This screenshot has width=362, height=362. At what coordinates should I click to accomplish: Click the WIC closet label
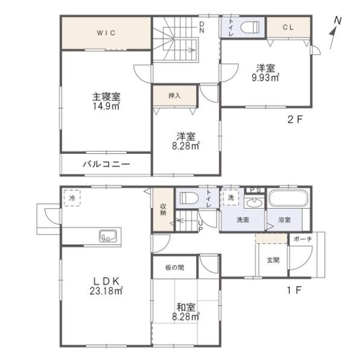(106, 33)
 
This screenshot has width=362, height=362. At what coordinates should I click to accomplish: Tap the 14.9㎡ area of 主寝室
(106, 106)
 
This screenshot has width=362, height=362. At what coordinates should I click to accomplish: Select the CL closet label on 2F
(288, 28)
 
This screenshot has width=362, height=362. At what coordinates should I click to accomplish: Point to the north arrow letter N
(338, 21)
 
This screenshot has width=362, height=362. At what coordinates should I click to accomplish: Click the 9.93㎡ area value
(265, 78)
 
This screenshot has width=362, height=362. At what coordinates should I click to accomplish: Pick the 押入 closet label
(174, 95)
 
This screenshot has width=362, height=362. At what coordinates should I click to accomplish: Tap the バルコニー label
(106, 164)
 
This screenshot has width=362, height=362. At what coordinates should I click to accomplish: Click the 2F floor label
(295, 119)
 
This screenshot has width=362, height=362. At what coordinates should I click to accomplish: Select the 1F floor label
(294, 290)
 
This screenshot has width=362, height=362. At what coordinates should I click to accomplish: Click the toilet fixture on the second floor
(250, 27)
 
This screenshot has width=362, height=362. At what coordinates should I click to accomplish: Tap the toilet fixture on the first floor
(189, 198)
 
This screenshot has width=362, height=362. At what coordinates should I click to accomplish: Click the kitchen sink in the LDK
(108, 236)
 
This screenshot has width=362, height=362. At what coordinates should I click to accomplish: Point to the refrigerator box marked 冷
(72, 198)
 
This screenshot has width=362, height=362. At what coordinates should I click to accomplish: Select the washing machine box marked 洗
(230, 197)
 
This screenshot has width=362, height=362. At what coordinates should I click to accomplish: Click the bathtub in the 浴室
(288, 198)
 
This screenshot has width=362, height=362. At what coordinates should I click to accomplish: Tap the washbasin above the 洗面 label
(254, 203)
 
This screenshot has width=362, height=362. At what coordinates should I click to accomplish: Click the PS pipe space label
(256, 190)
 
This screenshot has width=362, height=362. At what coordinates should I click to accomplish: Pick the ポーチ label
(303, 239)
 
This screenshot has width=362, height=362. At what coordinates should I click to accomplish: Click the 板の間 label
(175, 267)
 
